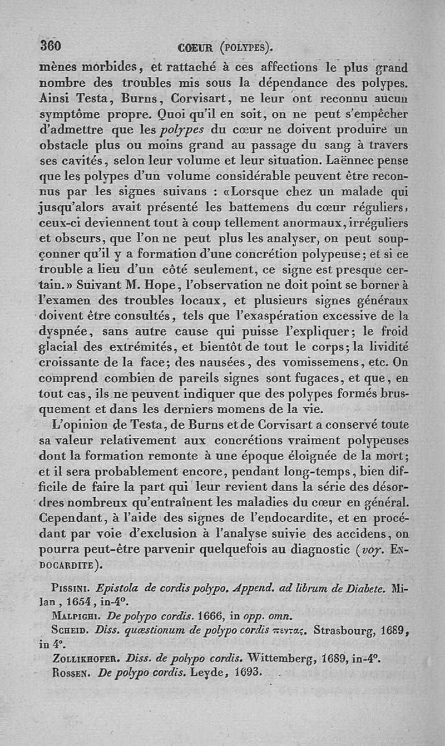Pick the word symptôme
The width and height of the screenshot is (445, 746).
click(71, 115)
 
